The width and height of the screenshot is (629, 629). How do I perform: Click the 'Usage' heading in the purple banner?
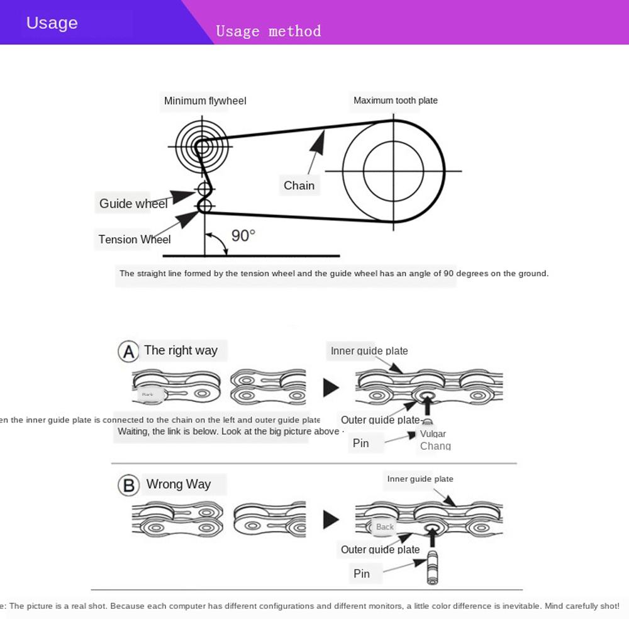click(52, 23)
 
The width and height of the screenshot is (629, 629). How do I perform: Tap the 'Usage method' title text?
click(269, 31)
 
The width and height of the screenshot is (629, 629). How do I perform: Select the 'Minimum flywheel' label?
click(205, 101)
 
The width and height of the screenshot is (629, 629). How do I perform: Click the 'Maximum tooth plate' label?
click(395, 100)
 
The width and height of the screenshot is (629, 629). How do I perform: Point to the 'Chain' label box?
click(299, 185)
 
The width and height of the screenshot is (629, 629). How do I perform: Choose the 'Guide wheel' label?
click(133, 203)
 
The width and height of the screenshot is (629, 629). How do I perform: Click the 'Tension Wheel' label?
click(135, 239)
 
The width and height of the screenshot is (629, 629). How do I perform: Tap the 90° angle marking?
click(243, 235)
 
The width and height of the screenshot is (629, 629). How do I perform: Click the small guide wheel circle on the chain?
click(204, 189)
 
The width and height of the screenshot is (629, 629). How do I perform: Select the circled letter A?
click(128, 352)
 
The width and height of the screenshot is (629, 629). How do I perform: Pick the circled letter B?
click(128, 486)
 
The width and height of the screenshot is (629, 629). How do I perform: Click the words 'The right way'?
click(181, 350)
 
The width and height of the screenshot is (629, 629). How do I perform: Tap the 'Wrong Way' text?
click(179, 484)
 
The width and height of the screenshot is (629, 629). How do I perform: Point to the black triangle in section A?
click(331, 387)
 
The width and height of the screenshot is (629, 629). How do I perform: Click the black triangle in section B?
click(331, 520)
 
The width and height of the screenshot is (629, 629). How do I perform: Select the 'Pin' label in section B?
click(362, 573)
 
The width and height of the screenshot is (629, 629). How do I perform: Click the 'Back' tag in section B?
click(384, 527)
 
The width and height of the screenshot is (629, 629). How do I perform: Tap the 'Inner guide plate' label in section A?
click(369, 351)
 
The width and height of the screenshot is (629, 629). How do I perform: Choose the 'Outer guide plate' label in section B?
click(380, 549)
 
